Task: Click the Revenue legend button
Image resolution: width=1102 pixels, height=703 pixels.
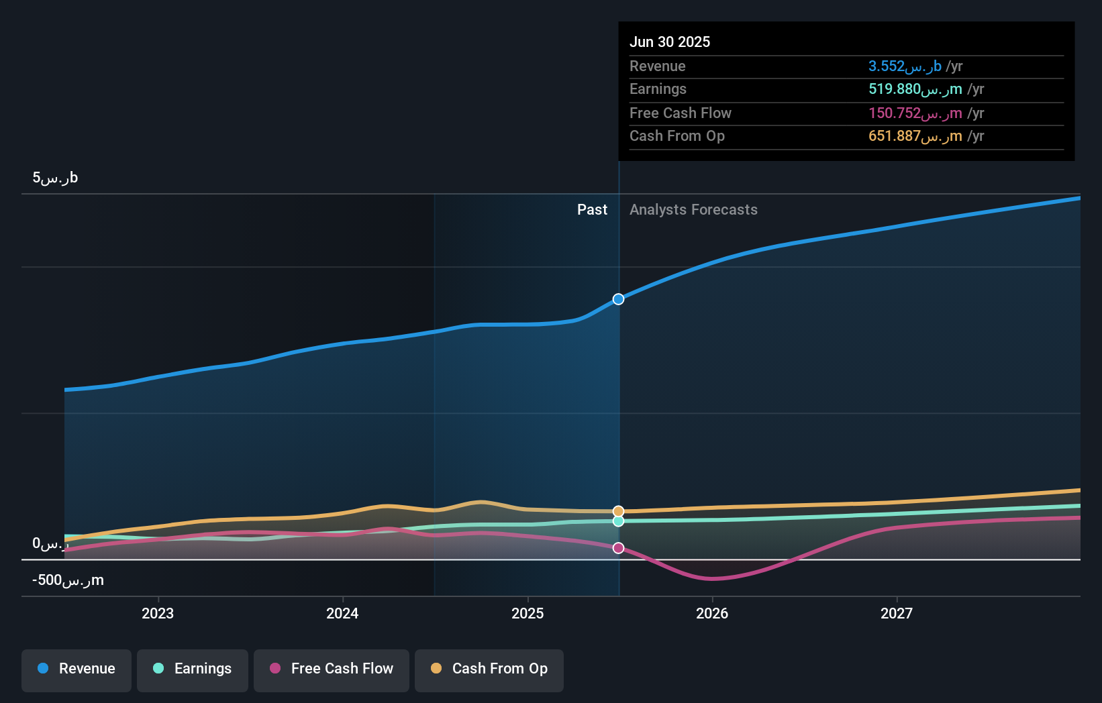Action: tap(77, 669)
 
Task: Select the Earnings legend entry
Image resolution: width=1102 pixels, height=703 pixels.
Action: tap(193, 669)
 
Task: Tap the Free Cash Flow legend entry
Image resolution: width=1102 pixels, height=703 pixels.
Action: tap(332, 669)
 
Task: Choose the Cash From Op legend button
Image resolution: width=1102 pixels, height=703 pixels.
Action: tap(489, 669)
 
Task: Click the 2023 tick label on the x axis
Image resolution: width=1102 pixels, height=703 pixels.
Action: tap(158, 613)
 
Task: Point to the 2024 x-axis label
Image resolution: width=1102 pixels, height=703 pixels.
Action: tap(342, 613)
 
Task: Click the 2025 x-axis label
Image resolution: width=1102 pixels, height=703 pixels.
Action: tap(528, 613)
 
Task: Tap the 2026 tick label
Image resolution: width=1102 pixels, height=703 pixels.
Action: tap(712, 613)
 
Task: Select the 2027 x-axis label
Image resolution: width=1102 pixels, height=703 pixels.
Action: tap(897, 613)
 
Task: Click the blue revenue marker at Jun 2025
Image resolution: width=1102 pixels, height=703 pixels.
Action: tap(618, 299)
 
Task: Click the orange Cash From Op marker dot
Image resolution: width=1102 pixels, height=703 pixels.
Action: tap(618, 511)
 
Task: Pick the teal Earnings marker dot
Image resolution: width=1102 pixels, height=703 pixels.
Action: tap(618, 521)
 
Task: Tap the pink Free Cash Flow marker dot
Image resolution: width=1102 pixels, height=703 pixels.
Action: tap(618, 548)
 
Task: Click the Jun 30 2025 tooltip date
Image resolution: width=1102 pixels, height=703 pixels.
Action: tap(669, 42)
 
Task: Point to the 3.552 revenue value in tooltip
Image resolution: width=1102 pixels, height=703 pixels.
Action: tap(905, 66)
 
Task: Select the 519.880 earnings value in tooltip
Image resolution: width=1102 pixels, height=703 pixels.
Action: tap(915, 89)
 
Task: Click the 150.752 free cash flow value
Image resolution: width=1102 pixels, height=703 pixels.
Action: tap(915, 113)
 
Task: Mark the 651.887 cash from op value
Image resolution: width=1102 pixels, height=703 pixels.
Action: tap(915, 136)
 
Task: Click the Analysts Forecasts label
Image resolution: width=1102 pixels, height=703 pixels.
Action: tap(693, 210)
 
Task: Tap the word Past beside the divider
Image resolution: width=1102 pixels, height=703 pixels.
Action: tap(592, 210)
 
